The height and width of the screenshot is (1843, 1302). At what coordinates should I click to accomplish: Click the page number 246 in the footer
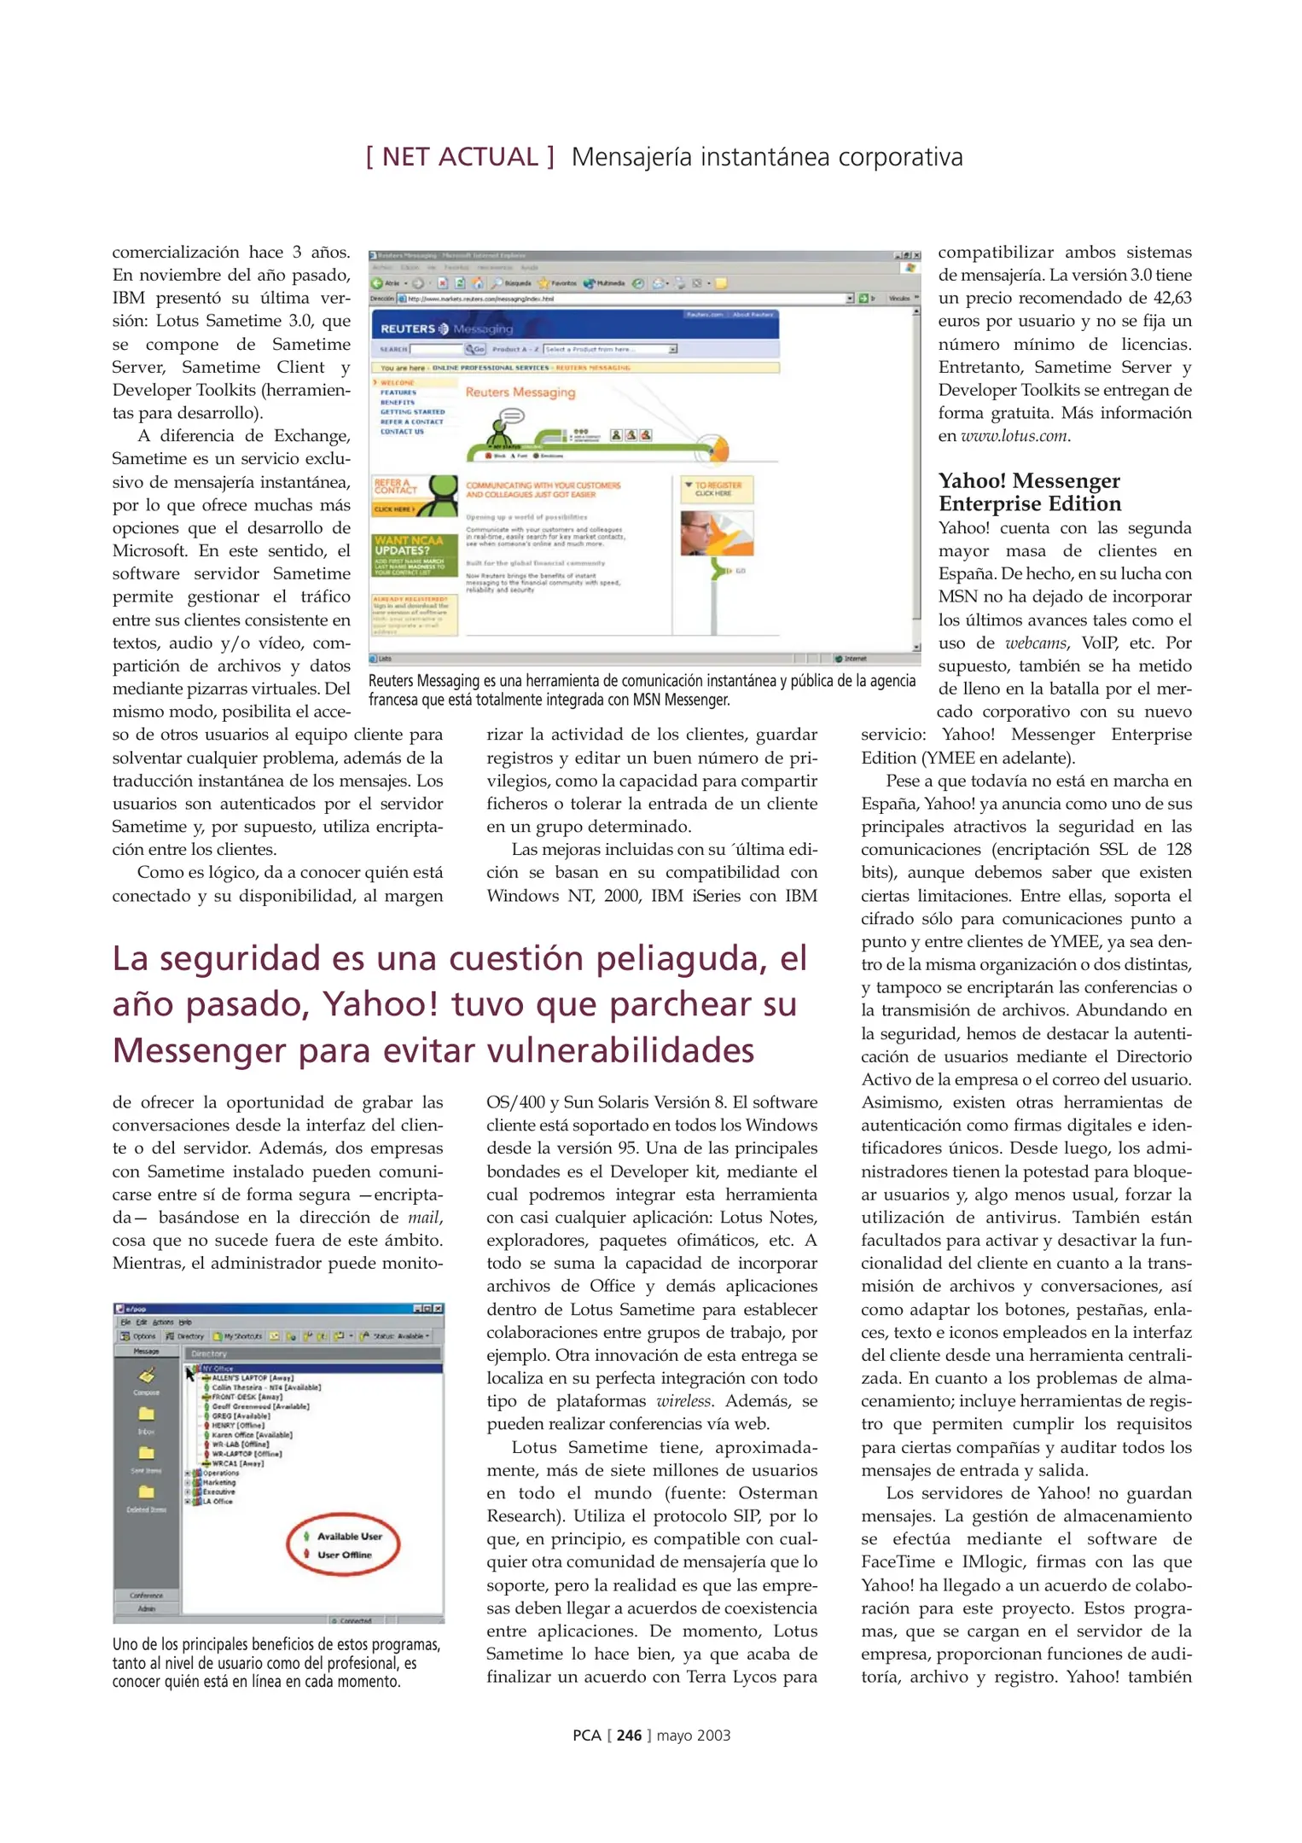[x=629, y=1735]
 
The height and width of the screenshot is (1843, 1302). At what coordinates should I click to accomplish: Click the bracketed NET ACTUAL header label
[x=460, y=157]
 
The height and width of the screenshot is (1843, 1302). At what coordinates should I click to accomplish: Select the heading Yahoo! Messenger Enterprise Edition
[x=1029, y=492]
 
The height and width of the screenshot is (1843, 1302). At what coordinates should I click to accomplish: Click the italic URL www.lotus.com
[x=1014, y=436]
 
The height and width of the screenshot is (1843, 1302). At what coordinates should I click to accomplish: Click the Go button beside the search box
[x=475, y=349]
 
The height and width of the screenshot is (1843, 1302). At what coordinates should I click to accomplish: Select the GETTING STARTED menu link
[x=412, y=411]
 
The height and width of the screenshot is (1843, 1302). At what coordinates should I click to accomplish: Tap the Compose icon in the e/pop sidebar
[x=147, y=1376]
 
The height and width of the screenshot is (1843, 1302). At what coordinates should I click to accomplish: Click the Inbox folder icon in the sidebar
[x=147, y=1414]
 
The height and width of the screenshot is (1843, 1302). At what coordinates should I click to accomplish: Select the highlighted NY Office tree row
[x=218, y=1369]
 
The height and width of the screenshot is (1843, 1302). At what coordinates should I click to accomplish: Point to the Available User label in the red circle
[x=349, y=1536]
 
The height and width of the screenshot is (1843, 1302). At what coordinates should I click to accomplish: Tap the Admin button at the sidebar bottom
[x=147, y=1608]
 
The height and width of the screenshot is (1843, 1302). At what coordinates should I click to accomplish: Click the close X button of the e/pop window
[x=438, y=1308]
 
